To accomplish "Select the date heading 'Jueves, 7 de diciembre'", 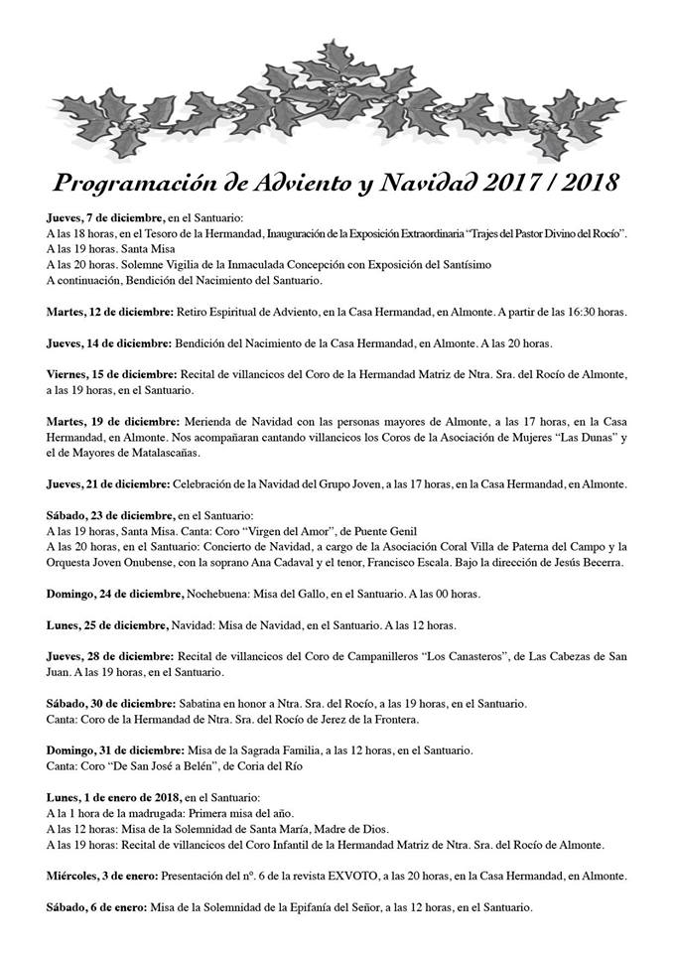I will (104, 217).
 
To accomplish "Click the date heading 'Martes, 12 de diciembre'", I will (110, 313).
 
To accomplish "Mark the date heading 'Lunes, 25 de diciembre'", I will (106, 626).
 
